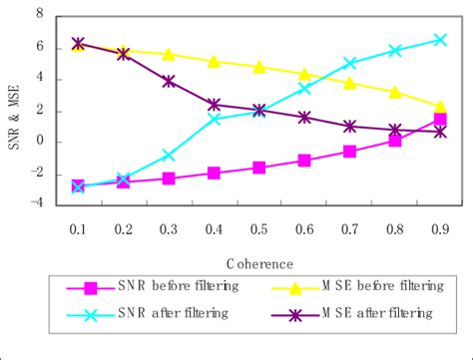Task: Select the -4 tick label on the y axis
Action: coord(37,204)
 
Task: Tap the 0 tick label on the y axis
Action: coord(40,142)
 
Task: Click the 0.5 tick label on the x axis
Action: coord(259,229)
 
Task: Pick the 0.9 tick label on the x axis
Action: coord(440,229)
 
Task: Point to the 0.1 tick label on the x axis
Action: coord(79,229)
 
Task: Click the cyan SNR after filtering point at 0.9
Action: coord(440,40)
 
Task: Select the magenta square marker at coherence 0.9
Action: coord(440,120)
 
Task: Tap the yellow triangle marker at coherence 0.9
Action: coord(440,106)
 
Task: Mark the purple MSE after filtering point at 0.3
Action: coord(169,81)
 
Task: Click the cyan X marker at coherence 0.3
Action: coord(169,155)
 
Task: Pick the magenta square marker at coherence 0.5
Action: coord(259,168)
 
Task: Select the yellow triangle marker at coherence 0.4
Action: coord(215,61)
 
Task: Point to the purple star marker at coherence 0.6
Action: coord(304,117)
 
